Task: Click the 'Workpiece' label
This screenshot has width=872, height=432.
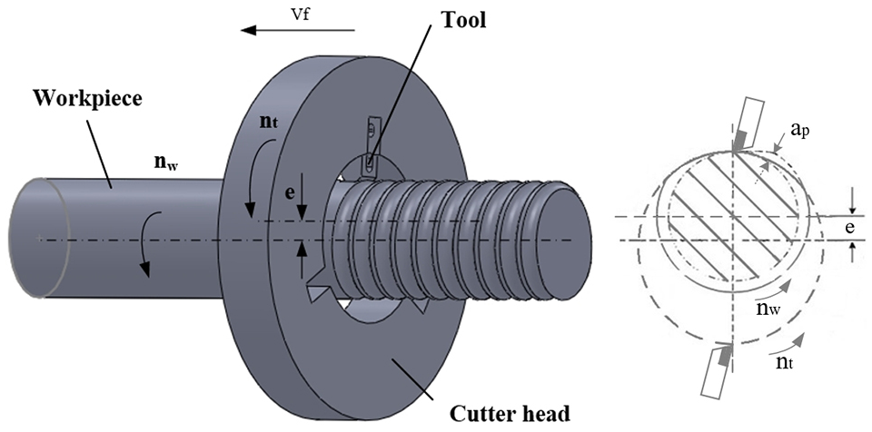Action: (88, 98)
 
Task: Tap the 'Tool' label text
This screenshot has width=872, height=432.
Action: (462, 20)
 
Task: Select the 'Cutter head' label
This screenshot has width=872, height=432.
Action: (510, 414)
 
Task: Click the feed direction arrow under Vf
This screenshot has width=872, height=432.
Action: (297, 30)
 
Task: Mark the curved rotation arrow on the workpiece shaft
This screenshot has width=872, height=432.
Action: (148, 243)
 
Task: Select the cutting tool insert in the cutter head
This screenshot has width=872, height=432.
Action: (371, 147)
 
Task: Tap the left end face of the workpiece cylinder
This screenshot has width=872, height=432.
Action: (39, 238)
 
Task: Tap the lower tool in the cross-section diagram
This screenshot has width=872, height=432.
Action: (715, 369)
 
